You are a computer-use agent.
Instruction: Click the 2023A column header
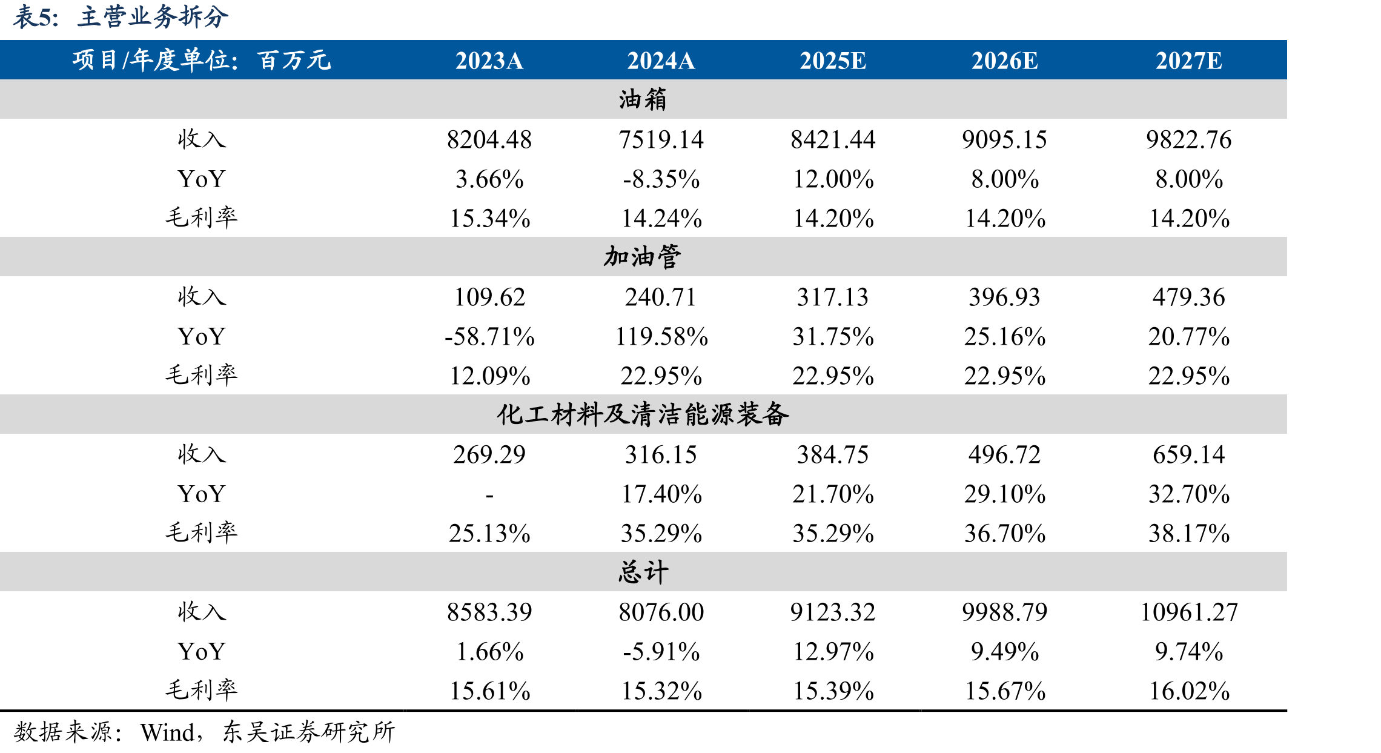click(x=489, y=61)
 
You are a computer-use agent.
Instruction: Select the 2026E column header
click(x=1004, y=61)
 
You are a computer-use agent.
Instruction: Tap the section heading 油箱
click(x=643, y=99)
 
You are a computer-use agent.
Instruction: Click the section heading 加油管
click(x=643, y=256)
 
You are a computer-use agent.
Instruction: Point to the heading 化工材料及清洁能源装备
click(x=643, y=414)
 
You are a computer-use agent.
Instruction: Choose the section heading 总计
click(x=643, y=571)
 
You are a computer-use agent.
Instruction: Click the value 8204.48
click(x=489, y=139)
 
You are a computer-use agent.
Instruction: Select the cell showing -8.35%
click(x=661, y=179)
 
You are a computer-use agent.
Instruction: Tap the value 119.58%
click(x=661, y=336)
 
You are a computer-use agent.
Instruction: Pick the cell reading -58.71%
click(x=489, y=336)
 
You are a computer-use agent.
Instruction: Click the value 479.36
click(x=1188, y=297)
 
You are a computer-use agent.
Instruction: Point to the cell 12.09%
click(x=489, y=376)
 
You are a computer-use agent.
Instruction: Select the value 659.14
click(x=1188, y=454)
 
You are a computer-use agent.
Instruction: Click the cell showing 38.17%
click(x=1188, y=533)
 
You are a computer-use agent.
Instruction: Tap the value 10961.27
click(x=1188, y=612)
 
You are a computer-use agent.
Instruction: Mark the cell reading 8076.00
click(x=661, y=612)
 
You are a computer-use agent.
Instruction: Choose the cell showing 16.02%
click(x=1188, y=691)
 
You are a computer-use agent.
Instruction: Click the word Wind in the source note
click(x=167, y=732)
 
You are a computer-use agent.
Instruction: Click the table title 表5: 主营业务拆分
click(x=121, y=17)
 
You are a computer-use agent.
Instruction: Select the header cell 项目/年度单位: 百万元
click(x=202, y=60)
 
